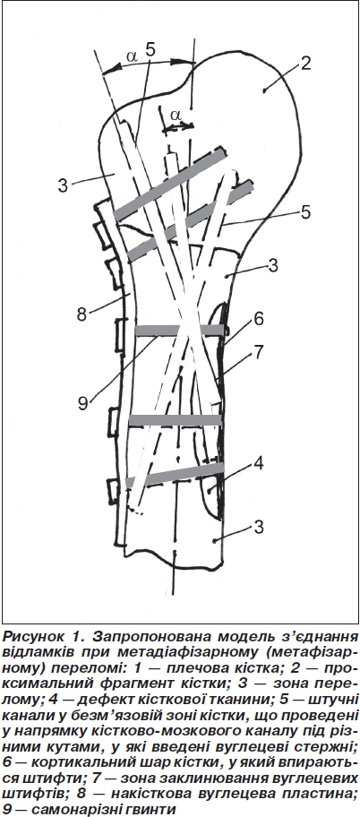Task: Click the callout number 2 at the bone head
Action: [x=305, y=64]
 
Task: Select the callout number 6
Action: [x=259, y=319]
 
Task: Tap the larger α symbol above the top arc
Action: [x=132, y=56]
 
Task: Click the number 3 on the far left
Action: [x=63, y=185]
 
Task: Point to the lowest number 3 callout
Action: [x=260, y=528]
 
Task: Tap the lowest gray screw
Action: [x=175, y=475]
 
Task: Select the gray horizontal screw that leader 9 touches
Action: [x=180, y=330]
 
